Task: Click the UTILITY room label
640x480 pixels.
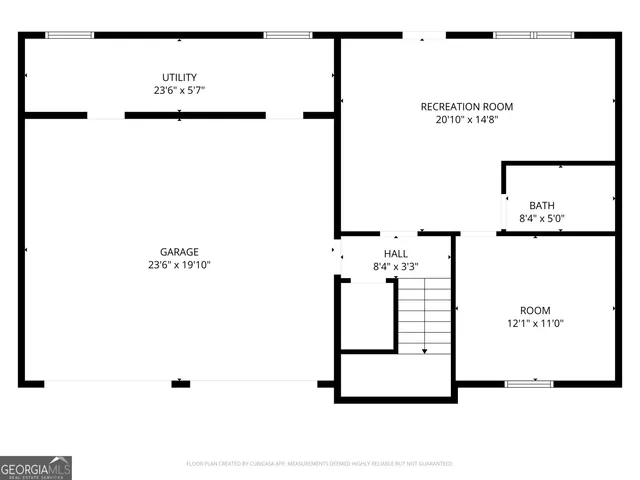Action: tap(180, 77)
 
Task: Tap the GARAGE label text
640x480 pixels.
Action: tap(179, 252)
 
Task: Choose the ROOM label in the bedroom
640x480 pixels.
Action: tap(534, 310)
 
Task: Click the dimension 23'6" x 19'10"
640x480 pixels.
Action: tap(179, 265)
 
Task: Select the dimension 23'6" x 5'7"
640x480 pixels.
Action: tap(180, 90)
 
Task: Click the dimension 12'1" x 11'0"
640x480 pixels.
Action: tap(534, 323)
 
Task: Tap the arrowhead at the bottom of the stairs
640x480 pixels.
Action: tap(425, 350)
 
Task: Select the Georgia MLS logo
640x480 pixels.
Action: tap(36, 467)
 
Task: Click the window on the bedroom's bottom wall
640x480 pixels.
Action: tap(527, 382)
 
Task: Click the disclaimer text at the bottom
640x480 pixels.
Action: tap(320, 464)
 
